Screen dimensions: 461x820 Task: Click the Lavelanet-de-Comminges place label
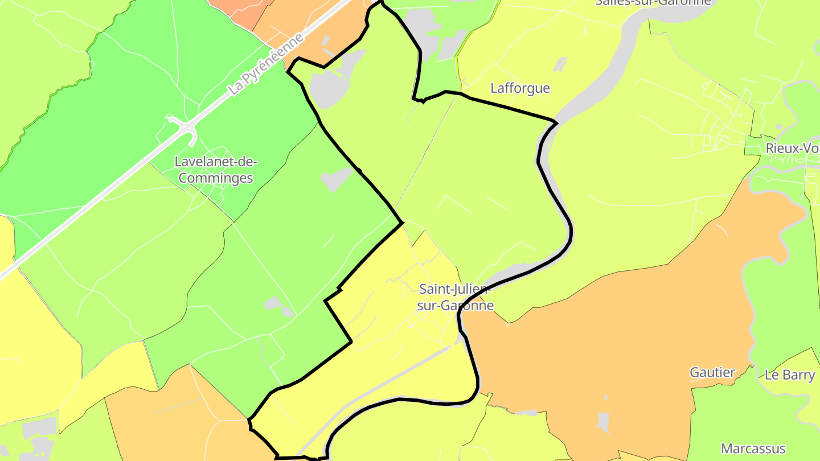click(x=216, y=170)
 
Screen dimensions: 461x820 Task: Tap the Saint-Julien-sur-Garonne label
click(x=455, y=297)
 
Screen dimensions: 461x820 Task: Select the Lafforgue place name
click(x=520, y=88)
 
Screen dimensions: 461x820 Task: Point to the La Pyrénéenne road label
click(x=266, y=63)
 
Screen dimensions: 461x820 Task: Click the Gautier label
click(x=712, y=373)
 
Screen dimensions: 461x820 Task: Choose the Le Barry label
click(x=789, y=376)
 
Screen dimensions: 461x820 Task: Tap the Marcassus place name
click(x=753, y=448)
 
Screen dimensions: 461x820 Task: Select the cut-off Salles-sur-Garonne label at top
click(x=653, y=2)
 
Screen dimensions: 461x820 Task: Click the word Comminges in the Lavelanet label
click(x=216, y=178)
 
